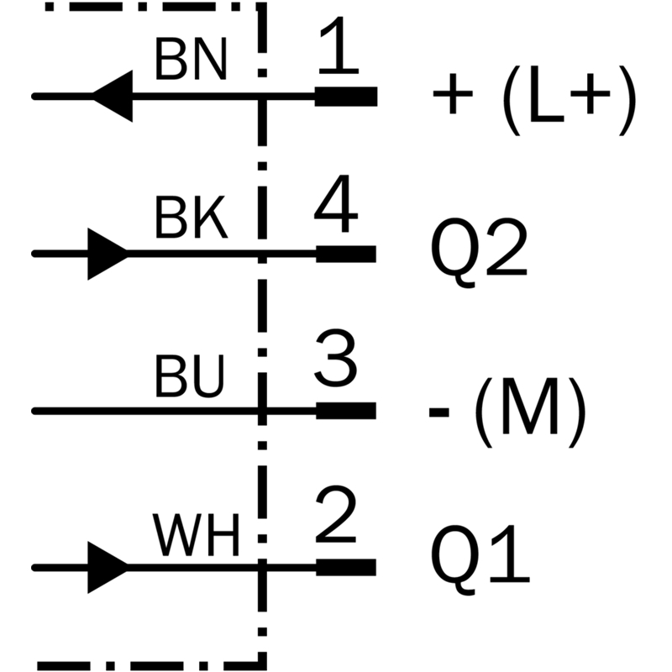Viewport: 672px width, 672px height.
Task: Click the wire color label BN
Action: click(191, 60)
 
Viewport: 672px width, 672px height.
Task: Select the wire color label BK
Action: click(192, 218)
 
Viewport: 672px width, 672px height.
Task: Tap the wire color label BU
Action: click(190, 375)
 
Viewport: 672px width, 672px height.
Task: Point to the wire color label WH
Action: click(196, 534)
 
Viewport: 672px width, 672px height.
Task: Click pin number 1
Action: click(338, 45)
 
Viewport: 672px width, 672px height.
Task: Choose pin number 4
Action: click(335, 203)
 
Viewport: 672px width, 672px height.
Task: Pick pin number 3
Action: click(335, 359)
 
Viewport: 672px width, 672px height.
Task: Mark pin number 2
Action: click(335, 514)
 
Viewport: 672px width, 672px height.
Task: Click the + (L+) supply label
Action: click(534, 100)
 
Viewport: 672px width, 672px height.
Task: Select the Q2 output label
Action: click(479, 252)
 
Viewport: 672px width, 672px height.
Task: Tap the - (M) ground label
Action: click(507, 412)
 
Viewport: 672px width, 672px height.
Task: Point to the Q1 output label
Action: click(480, 559)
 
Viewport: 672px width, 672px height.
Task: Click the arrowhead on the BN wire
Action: click(113, 96)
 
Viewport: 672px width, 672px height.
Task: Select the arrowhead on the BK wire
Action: click(108, 254)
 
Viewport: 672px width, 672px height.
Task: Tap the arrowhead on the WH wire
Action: click(108, 568)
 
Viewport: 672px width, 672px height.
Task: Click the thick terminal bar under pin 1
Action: click(346, 97)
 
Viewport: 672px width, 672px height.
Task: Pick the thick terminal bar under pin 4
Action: click(346, 254)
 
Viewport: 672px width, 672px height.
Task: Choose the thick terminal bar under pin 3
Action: click(346, 411)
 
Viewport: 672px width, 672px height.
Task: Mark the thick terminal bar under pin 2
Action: click(346, 568)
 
